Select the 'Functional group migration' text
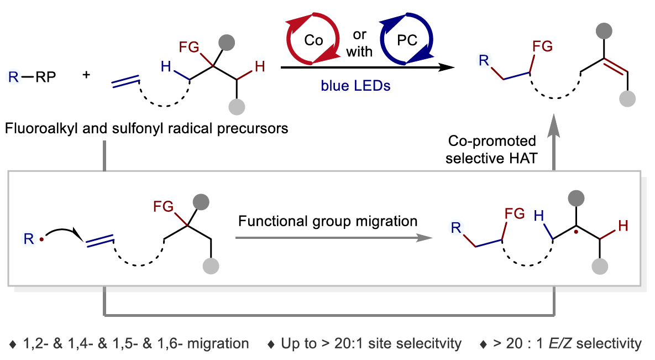tap(328, 221)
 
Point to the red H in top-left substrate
tap(259, 67)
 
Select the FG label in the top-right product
tap(542, 46)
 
